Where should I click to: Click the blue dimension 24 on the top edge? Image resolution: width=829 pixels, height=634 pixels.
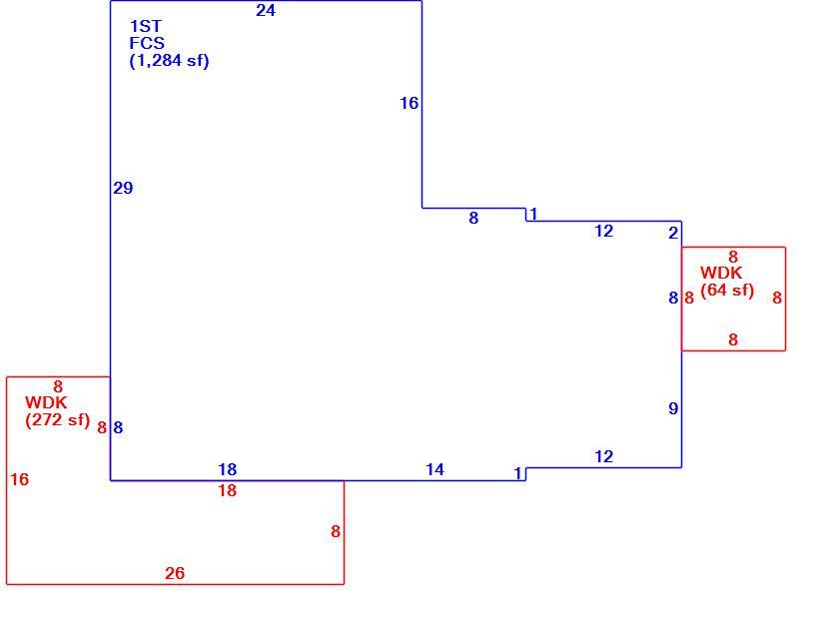coord(266,10)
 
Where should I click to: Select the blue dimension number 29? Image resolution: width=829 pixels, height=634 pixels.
coord(123,188)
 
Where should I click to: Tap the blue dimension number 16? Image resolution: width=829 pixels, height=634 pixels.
coord(410,103)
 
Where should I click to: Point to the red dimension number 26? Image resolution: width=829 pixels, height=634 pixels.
coord(175,573)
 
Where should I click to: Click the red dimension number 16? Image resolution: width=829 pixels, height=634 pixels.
coord(20,479)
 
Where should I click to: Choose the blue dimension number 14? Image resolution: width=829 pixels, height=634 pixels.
coord(435,469)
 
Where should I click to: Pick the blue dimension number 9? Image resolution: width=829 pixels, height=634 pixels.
coord(673,408)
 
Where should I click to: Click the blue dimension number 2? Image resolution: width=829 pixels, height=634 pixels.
coord(673,233)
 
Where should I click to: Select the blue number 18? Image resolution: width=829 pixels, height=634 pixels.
coord(228,469)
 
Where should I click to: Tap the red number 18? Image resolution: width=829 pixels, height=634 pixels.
coord(228,490)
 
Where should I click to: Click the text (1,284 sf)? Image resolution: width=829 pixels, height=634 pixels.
coord(169,61)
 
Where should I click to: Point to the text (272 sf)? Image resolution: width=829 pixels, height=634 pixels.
coord(58,420)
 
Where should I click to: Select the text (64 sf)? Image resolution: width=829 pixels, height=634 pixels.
coord(727,291)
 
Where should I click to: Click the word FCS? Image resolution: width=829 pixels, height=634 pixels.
coord(147,43)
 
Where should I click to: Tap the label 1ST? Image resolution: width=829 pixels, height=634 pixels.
coord(146,26)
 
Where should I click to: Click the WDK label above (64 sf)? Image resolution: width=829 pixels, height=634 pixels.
coord(721,274)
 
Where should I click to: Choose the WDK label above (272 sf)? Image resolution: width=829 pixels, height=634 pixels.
coord(46,403)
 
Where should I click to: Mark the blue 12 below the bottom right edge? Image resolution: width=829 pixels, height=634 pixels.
coord(604,456)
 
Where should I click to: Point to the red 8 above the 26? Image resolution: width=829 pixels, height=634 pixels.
coord(336,531)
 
